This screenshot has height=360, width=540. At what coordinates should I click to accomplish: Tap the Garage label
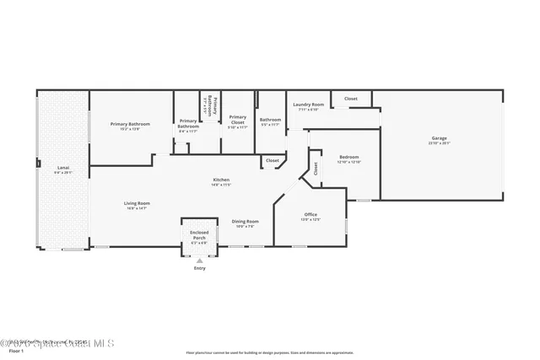coord(439,138)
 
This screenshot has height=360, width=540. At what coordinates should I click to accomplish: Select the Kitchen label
coord(221,180)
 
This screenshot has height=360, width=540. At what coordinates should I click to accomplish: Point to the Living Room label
coord(137,203)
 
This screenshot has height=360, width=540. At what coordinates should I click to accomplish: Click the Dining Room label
coord(246,222)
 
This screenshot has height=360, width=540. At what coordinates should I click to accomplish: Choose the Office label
coord(310,215)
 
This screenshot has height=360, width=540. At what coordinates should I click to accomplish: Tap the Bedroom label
coord(349,157)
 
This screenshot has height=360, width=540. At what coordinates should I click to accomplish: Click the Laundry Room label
coord(307,105)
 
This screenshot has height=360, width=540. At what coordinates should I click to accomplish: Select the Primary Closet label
coord(238,118)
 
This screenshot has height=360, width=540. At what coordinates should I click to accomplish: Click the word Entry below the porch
coord(199,268)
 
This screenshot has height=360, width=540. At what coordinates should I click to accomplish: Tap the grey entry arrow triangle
coord(199,261)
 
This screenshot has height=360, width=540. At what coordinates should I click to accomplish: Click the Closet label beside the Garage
coord(350,99)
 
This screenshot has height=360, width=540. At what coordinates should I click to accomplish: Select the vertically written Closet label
coord(315,169)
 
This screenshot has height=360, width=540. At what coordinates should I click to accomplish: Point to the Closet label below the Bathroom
coord(273,160)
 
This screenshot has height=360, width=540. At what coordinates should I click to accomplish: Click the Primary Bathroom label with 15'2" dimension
coord(130,124)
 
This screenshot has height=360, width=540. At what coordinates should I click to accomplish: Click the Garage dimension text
coord(439,143)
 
